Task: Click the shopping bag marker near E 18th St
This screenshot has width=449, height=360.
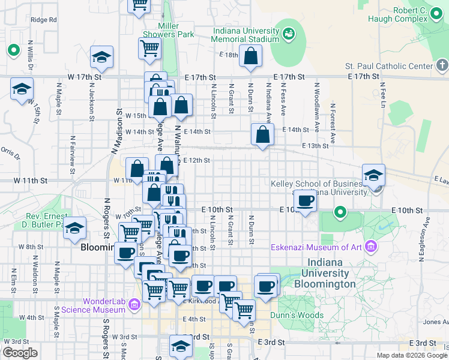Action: [250, 57]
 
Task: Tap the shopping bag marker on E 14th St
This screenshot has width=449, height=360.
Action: [262, 135]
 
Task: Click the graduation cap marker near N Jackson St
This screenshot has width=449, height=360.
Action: [101, 58]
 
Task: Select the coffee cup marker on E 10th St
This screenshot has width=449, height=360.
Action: [306, 201]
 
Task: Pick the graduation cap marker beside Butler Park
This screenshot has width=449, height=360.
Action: [75, 229]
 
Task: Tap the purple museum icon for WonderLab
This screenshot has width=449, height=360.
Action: [134, 305]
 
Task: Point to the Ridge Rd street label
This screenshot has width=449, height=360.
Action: [43, 20]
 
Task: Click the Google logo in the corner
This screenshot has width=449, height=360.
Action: [20, 353]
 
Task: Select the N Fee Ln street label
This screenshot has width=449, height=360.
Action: [383, 91]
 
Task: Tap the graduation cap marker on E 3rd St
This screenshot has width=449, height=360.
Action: [180, 346]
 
